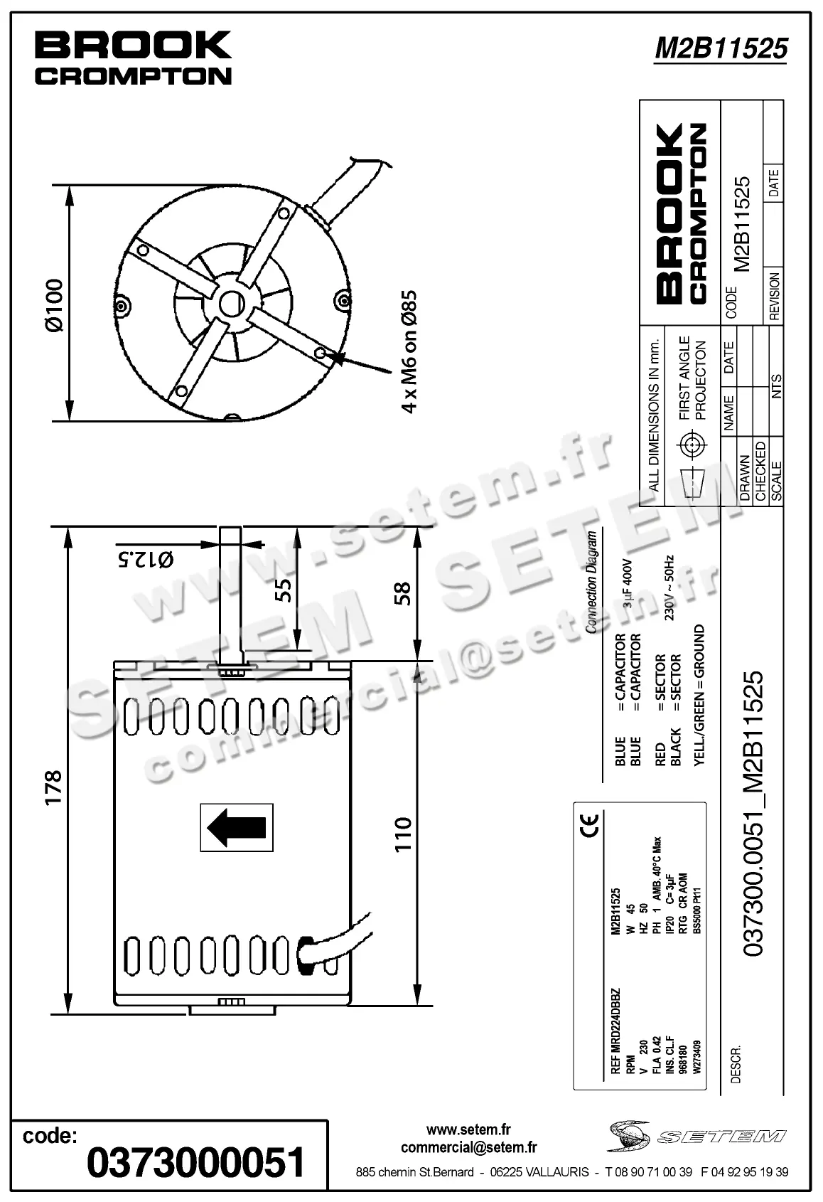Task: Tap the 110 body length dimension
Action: coord(402,834)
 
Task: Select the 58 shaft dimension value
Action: coord(402,593)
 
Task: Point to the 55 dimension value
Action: coord(284,590)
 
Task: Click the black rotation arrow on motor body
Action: coord(237,827)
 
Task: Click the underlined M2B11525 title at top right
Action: coord(721,48)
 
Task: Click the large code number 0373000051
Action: coord(195,1162)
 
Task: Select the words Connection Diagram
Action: coord(591,583)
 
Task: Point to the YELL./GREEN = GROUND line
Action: coord(699,695)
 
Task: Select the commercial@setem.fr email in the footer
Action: coord(468,1147)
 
